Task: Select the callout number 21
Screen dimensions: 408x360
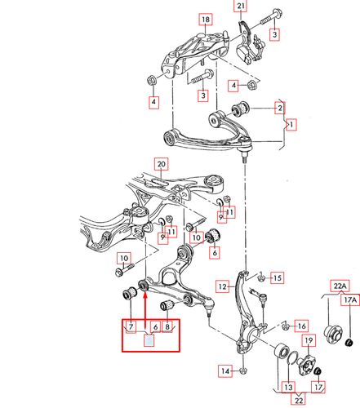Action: tap(240, 7)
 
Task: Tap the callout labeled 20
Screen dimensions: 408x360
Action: tap(161, 163)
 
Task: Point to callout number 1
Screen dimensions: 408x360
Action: tap(291, 125)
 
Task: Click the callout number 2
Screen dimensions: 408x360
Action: tap(279, 108)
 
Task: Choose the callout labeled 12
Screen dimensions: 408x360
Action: tap(222, 286)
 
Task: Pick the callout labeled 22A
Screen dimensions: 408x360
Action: tap(338, 285)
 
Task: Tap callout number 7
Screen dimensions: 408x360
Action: tap(130, 328)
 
